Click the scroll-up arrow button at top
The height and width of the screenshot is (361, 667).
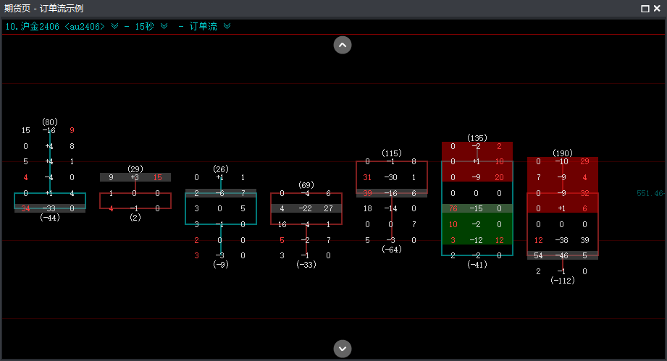(x=343, y=45)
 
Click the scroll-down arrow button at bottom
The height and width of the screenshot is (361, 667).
(x=343, y=348)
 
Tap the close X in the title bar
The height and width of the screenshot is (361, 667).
(x=657, y=9)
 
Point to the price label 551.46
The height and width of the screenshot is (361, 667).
(x=650, y=194)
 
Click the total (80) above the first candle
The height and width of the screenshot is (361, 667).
(x=50, y=122)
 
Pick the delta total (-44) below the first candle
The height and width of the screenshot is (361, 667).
(x=50, y=218)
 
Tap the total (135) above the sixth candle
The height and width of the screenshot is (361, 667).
(x=477, y=137)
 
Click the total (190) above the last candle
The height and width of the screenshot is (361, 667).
(x=563, y=153)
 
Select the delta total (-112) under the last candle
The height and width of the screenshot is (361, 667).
(x=563, y=281)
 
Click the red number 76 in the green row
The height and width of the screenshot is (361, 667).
(x=453, y=209)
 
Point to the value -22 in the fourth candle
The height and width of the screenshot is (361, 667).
(x=305, y=209)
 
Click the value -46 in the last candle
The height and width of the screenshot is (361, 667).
(x=561, y=256)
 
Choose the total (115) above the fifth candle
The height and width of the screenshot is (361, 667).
(x=392, y=153)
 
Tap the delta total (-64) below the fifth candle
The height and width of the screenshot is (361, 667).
(x=392, y=250)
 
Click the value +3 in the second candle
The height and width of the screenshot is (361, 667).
(x=135, y=178)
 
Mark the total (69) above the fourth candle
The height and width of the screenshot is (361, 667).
(x=305, y=185)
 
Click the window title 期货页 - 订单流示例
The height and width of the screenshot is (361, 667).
(x=46, y=9)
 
